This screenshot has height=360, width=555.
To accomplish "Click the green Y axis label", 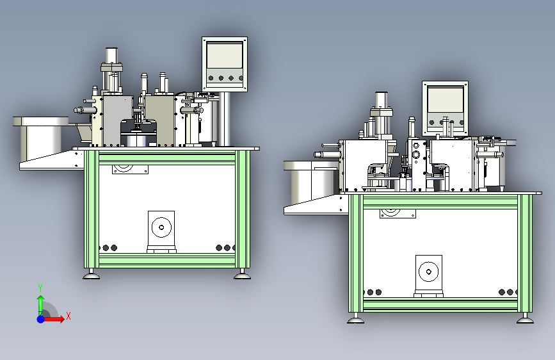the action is coord(40,288).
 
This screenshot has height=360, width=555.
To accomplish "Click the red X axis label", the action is coord(68,316).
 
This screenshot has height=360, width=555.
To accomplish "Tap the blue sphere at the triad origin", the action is coord(41,319).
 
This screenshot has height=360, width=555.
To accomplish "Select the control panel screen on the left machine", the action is coord(225,55).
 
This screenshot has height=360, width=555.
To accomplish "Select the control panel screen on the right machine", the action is coord(446,99).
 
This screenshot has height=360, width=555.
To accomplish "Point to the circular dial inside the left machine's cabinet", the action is coord(161,227).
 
